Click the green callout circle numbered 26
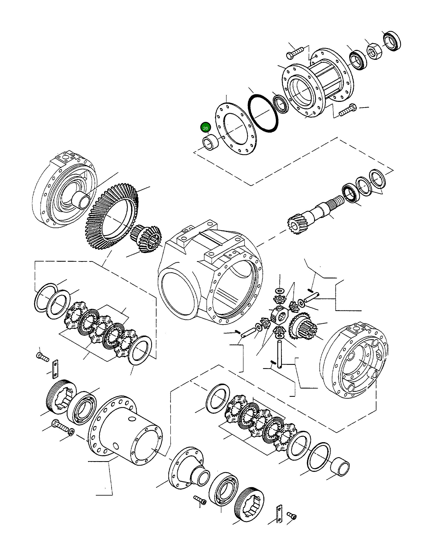pos(205,128)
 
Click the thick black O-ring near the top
pos(263,113)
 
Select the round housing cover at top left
pos(64,193)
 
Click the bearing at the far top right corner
pos(392,41)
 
